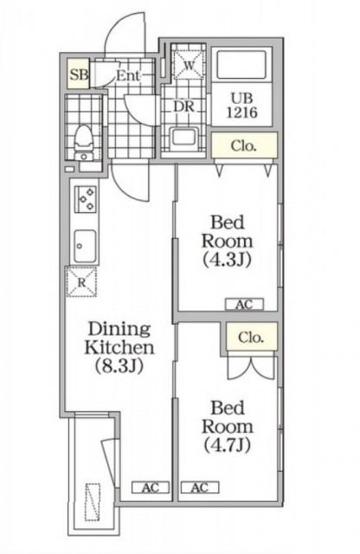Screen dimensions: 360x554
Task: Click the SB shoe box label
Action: [x=79, y=75]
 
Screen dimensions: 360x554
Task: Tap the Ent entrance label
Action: [x=128, y=75]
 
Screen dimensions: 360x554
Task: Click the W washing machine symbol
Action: [x=189, y=65]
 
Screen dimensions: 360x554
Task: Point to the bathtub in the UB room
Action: [x=241, y=65]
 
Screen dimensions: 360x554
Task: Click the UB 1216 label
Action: [x=242, y=106]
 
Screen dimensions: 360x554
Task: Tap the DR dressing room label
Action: [x=183, y=106]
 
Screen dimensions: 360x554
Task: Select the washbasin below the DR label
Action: [x=183, y=137]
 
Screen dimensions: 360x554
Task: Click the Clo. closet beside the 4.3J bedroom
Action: [x=244, y=145]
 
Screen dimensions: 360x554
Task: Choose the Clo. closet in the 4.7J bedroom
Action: [x=251, y=337]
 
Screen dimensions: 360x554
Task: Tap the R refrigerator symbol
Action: [x=81, y=281]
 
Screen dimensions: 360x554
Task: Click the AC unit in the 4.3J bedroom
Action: [x=245, y=304]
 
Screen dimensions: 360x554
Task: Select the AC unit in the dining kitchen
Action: [x=151, y=487]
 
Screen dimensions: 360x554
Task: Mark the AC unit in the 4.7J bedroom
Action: [x=200, y=487]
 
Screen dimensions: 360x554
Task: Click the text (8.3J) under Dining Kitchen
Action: [x=119, y=365]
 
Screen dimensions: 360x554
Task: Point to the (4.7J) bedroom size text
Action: [x=228, y=445]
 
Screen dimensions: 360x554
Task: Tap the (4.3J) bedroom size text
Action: [x=227, y=260]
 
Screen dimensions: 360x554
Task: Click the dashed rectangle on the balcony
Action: [x=93, y=502]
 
